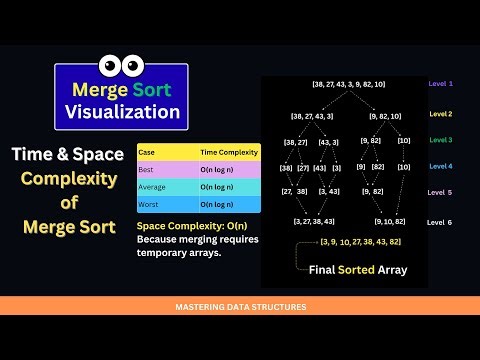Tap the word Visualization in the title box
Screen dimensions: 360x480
click(121, 110)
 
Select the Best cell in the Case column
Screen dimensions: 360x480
click(147, 170)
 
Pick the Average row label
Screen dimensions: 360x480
click(153, 187)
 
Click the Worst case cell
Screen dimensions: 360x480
click(149, 204)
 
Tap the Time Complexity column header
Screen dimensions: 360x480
click(229, 153)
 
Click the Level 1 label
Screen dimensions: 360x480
click(441, 83)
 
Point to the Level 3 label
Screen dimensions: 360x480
click(441, 140)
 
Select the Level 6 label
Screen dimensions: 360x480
click(441, 222)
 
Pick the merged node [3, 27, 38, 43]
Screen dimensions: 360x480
click(314, 220)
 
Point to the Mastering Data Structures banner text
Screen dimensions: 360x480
click(239, 307)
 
